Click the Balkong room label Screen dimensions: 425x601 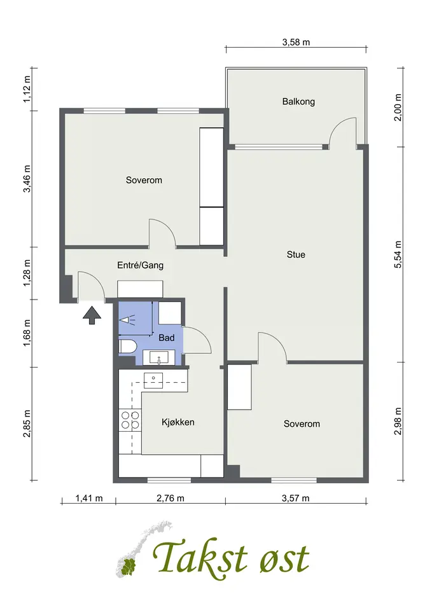tap(298, 102)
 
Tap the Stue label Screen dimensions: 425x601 tap(296, 254)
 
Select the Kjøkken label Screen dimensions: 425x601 tap(178, 422)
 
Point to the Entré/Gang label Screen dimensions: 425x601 tap(141, 265)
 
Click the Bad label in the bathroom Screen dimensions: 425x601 tap(167, 338)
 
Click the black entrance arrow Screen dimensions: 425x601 tap(92, 315)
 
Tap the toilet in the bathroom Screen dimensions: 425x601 tap(128, 346)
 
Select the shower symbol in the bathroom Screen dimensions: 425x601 tap(127, 319)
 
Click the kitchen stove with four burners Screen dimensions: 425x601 tap(130, 420)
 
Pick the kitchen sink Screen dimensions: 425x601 tap(153, 380)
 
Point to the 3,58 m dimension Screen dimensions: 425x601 tap(296, 42)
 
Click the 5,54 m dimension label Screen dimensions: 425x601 tap(398, 254)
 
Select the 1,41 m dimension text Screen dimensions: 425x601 tap(89, 498)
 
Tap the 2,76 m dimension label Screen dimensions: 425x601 tap(171, 498)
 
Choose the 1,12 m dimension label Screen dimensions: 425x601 tap(27, 89)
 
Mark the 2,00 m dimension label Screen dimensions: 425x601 tap(398, 107)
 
